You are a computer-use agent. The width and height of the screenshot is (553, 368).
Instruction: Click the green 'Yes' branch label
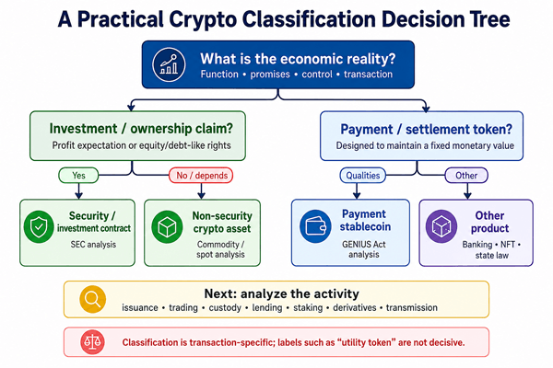(x=78, y=176)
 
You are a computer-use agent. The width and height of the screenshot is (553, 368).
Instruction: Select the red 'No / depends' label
(x=201, y=176)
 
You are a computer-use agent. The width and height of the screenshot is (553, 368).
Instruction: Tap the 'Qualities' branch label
(x=363, y=176)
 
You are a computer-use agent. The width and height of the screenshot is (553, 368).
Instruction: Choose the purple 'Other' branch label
(x=466, y=176)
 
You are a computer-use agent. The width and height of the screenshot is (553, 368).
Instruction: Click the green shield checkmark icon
(x=39, y=227)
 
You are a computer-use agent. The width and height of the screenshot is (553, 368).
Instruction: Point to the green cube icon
(x=167, y=227)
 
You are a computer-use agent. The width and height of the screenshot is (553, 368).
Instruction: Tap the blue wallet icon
(x=315, y=226)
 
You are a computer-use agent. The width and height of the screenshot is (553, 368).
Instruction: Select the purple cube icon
(x=441, y=226)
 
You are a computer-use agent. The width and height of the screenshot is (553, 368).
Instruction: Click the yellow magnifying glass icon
(x=93, y=299)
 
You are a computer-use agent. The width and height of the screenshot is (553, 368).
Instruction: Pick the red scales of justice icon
(x=92, y=342)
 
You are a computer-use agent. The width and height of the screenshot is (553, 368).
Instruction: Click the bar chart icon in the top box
(x=169, y=64)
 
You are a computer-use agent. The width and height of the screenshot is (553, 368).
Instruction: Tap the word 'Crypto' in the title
(x=203, y=19)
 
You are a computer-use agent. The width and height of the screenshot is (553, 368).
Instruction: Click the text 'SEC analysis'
(x=93, y=245)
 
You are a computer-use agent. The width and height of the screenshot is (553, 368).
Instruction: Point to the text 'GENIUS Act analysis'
(x=364, y=249)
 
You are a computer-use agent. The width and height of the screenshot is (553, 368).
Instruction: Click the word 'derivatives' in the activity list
(x=355, y=308)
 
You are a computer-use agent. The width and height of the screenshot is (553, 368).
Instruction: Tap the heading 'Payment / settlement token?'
(x=426, y=130)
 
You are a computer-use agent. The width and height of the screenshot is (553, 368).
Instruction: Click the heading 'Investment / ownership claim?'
(x=141, y=129)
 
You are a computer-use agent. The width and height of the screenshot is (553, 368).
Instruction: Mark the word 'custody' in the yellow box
(x=225, y=308)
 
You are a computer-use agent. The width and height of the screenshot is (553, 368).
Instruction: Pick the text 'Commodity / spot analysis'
(x=220, y=249)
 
